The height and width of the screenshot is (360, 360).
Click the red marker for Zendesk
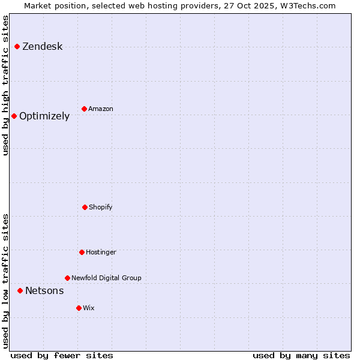pyautogui.click(x=17, y=47)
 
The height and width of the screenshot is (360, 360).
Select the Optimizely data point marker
pyautogui.click(x=14, y=116)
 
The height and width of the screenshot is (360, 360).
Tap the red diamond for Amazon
pyautogui.click(x=84, y=109)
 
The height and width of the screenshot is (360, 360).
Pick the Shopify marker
pyautogui.click(x=85, y=207)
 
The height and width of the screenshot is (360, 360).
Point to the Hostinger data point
pyautogui.click(x=82, y=252)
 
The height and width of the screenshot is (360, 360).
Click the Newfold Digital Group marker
pyautogui.click(x=67, y=278)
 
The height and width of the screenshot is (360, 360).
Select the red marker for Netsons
pyautogui.click(x=20, y=290)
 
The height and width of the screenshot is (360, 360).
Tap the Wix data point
pyautogui.click(x=79, y=308)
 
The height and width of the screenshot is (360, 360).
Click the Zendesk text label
pyautogui.click(x=42, y=47)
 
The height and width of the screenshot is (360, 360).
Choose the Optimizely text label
pyautogui.click(x=44, y=116)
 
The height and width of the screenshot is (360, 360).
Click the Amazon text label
pyautogui.click(x=101, y=109)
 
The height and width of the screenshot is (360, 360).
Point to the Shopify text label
pyautogui.click(x=101, y=208)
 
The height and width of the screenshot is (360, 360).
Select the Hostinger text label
pyautogui.click(x=101, y=253)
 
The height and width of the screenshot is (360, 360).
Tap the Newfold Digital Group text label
pyautogui.click(x=106, y=278)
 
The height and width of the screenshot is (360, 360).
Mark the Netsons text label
pyautogui.click(x=44, y=291)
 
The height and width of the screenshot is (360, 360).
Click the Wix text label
pyautogui.click(x=89, y=308)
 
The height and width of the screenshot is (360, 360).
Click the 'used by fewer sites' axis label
pyautogui.click(x=62, y=356)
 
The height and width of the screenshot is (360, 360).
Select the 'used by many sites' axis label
pyautogui.click(x=301, y=356)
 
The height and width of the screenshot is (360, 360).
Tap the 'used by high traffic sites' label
pyautogui.click(x=6, y=85)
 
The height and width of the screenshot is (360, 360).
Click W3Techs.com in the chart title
pyautogui.click(x=306, y=5)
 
